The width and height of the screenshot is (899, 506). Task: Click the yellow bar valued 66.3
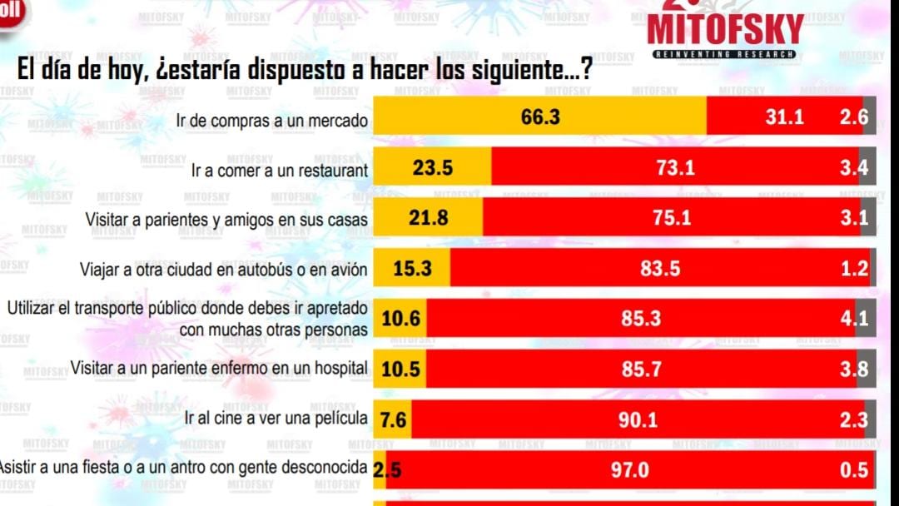pos(540,117)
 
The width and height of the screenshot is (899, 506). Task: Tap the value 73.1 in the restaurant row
pos(675,168)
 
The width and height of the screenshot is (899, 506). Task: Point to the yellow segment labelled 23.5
pos(433,168)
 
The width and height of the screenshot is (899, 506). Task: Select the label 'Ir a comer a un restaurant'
pos(280,171)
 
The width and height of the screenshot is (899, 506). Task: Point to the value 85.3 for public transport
pos(641,319)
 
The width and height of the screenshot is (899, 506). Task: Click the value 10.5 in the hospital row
pos(401,370)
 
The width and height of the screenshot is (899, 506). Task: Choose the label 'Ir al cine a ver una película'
pos(276,417)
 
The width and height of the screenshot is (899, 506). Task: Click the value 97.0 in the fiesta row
pos(629,470)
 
